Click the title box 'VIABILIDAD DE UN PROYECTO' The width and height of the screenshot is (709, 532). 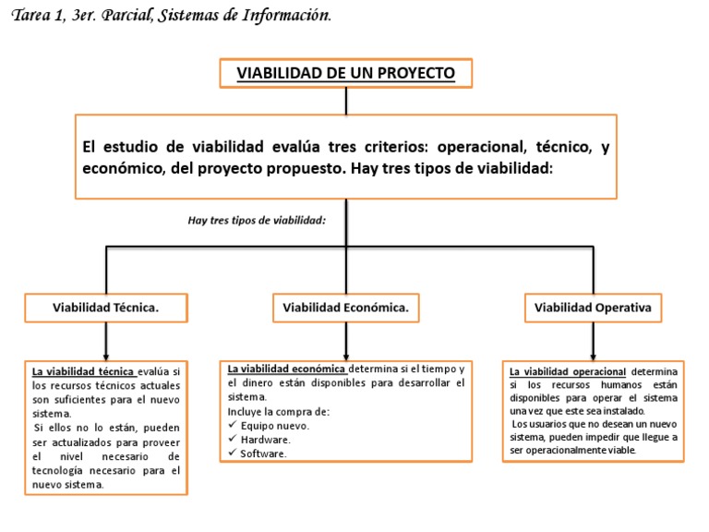346,73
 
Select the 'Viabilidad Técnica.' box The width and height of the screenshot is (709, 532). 106,308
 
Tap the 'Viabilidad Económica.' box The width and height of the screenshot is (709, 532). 345,308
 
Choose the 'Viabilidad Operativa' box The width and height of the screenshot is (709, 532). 594,308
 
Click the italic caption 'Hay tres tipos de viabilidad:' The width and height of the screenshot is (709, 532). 258,220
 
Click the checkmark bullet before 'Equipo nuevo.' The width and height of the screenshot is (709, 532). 233,426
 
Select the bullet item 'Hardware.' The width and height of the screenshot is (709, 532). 265,440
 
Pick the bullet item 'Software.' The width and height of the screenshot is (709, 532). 264,453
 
